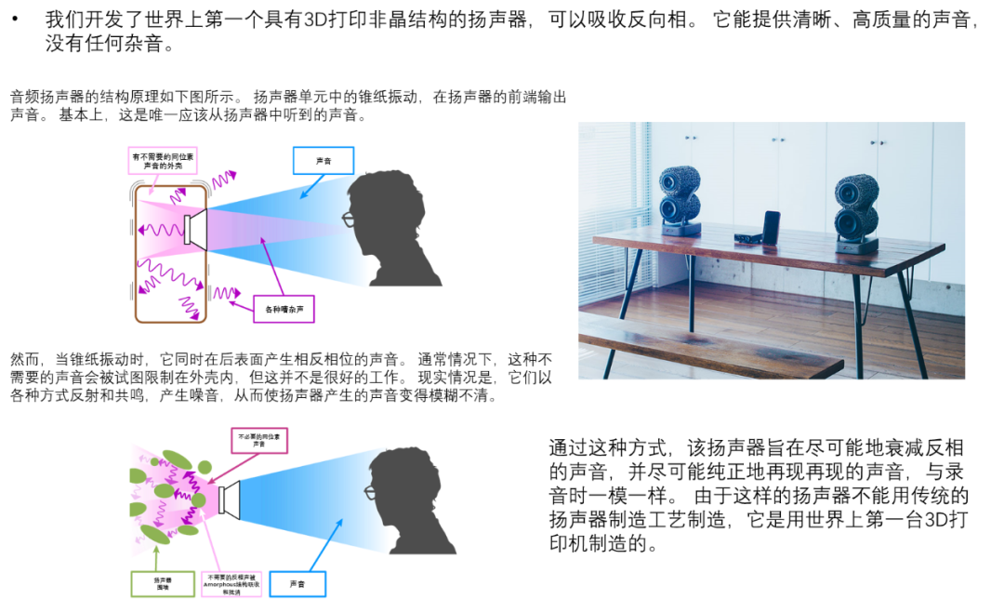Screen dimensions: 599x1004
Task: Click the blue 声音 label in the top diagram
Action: pos(324,161)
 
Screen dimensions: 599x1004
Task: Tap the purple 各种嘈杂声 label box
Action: pos(284,308)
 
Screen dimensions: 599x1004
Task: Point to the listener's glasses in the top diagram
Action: pos(349,220)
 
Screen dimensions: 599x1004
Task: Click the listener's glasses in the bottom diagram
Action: pos(369,491)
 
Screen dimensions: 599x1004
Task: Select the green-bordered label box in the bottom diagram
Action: pos(163,584)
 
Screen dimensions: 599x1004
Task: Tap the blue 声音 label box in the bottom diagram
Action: pos(297,584)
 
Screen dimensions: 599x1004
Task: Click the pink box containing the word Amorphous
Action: pos(231,584)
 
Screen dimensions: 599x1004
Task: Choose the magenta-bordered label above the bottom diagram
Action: pos(259,441)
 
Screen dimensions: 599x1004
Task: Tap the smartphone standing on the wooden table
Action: pos(771,228)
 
